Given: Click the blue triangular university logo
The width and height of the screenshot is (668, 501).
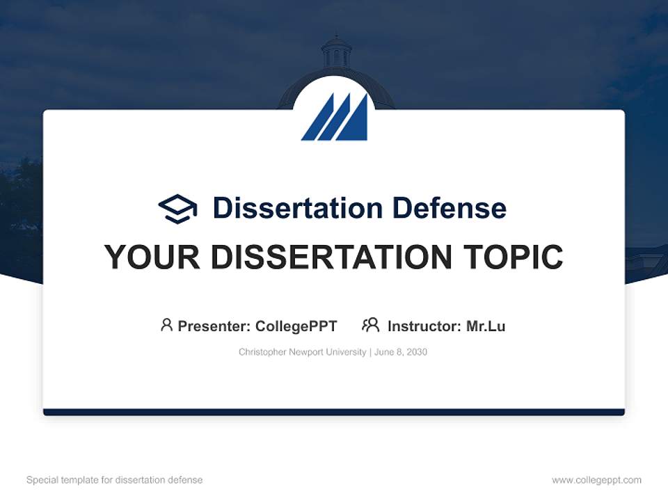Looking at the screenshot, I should point(335,118).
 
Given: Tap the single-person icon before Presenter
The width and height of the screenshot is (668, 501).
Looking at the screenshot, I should point(166,325).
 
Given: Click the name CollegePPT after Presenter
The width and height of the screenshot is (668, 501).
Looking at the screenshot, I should point(296,326).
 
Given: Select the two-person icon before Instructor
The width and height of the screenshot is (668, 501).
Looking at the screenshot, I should point(370,325).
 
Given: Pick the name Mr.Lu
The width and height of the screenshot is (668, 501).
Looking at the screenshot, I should point(486,326).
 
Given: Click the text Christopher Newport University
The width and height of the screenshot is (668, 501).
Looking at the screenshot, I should point(302,352).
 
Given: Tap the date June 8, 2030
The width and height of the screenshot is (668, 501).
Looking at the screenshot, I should point(401,352).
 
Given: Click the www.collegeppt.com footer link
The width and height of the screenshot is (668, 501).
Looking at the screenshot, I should point(596,480).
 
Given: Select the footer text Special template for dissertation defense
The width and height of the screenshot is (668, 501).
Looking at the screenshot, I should point(114,480).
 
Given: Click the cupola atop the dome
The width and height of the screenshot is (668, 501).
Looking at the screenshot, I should point(336,53).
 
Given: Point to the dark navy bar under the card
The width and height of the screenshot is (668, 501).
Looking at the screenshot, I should point(334,412).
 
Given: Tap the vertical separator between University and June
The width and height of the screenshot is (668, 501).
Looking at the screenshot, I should point(370,352).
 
